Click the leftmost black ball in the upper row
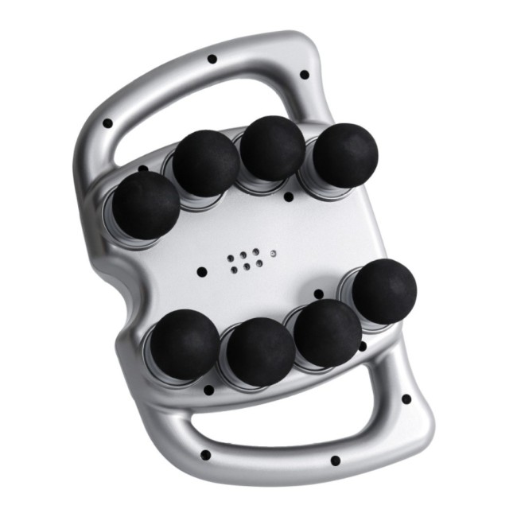click(x=146, y=204)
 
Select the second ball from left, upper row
click(x=207, y=163)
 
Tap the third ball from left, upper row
click(x=272, y=148)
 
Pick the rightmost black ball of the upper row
click(x=344, y=155)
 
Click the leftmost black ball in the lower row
click(x=185, y=344)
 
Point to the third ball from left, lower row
click(x=327, y=333)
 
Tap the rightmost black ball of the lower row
click(x=384, y=291)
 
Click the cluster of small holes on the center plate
click(x=243, y=261)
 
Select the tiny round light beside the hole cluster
click(x=273, y=253)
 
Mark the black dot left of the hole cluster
click(x=202, y=272)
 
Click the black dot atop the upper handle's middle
click(x=212, y=59)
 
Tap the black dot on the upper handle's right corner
click(x=304, y=75)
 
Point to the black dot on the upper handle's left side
click(x=107, y=123)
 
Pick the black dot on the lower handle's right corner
click(x=406, y=399)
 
